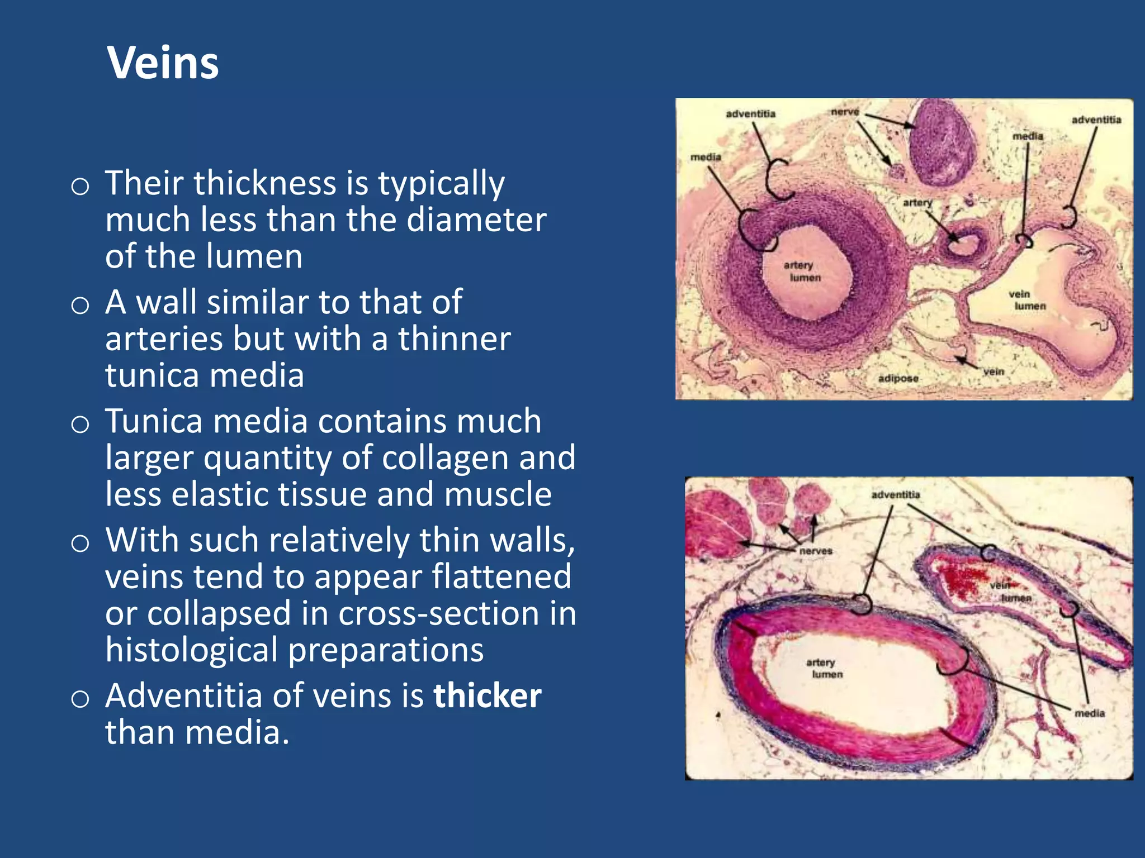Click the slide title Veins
click(x=163, y=63)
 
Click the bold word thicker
click(x=487, y=696)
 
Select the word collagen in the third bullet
click(x=444, y=458)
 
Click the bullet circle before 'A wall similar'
click(x=81, y=305)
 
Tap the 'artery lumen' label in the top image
click(x=801, y=271)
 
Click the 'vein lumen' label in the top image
click(x=1026, y=300)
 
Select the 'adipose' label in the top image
click(x=898, y=379)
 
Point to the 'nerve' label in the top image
click(x=844, y=112)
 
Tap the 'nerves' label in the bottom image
click(x=816, y=551)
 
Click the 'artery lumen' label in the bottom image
click(x=823, y=668)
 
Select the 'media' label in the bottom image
click(x=1089, y=713)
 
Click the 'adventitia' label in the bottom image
click(x=895, y=495)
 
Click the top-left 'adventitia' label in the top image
click(x=750, y=114)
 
